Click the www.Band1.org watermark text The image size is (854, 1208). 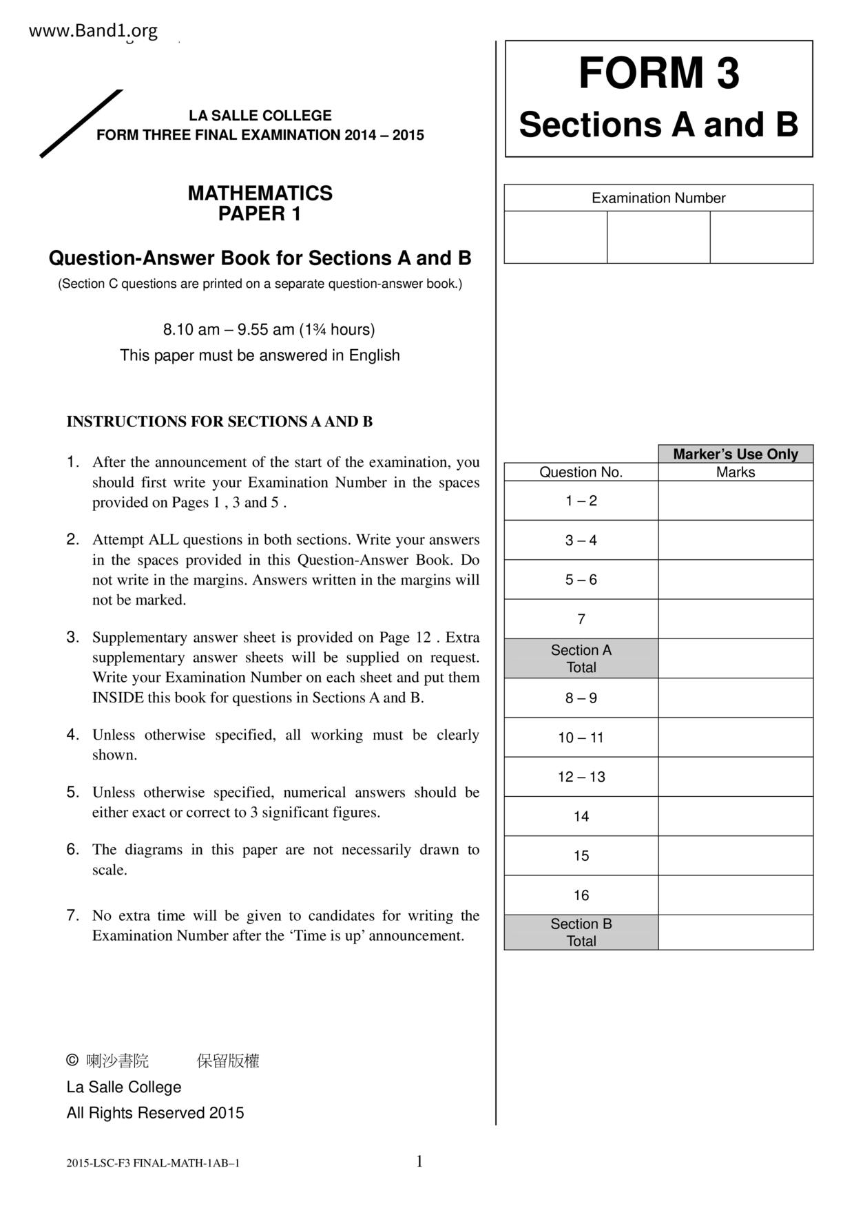click(93, 31)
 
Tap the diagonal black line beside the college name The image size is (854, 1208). click(81, 124)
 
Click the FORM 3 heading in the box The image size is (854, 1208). click(658, 73)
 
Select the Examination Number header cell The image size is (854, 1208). click(658, 198)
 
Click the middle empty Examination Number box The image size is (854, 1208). click(658, 237)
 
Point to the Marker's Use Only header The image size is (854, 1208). click(735, 454)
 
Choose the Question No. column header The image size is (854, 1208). click(581, 472)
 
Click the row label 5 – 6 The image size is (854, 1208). click(581, 580)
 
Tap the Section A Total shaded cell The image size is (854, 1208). click(581, 658)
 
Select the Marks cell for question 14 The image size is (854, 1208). click(735, 816)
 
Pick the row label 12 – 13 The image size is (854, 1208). click(581, 777)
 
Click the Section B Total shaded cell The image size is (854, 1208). click(581, 933)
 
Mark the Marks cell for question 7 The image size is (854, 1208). click(735, 619)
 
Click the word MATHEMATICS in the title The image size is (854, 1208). click(260, 194)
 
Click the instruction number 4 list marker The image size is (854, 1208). click(73, 734)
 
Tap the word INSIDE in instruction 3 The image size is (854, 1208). click(118, 698)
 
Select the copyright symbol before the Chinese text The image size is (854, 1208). click(72, 1061)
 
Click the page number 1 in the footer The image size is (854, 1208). click(419, 1162)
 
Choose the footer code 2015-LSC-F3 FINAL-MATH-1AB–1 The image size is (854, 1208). click(153, 1163)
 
